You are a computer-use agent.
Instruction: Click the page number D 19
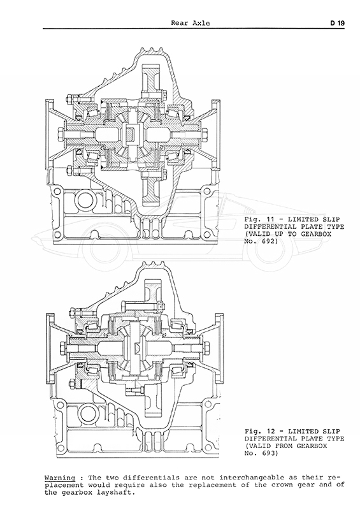(x=337, y=23)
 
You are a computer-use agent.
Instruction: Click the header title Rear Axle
(x=191, y=23)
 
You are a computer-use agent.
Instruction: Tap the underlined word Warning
(x=60, y=478)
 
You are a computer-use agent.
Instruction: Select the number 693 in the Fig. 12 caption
(x=268, y=453)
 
